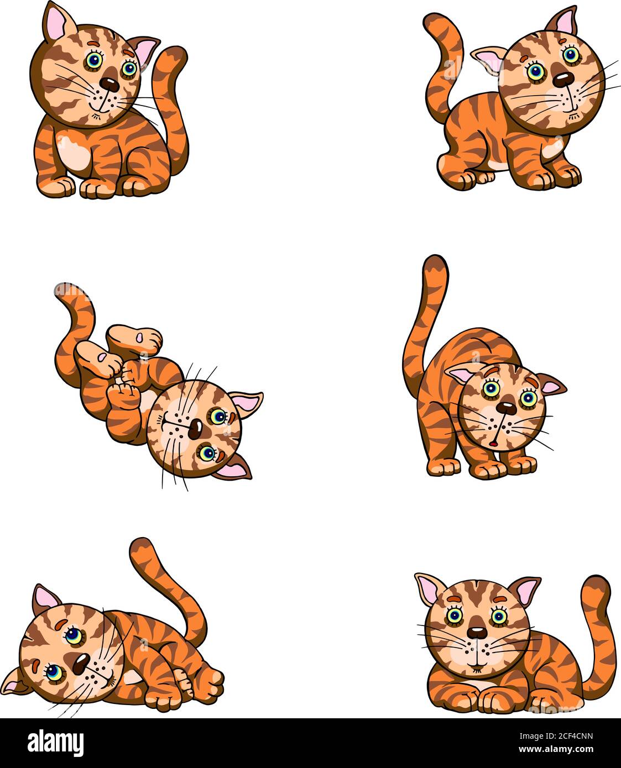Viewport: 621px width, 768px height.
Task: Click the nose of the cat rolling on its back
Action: point(195,429)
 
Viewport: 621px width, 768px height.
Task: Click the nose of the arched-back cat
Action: point(506,408)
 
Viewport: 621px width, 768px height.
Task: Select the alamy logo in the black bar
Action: point(55,742)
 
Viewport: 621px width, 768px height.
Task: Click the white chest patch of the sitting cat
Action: point(73,153)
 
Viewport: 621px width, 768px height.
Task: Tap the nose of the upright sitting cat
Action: point(109,85)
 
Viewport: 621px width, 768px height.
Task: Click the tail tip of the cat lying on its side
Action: point(139,545)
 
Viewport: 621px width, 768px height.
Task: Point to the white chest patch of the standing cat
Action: point(553,148)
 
